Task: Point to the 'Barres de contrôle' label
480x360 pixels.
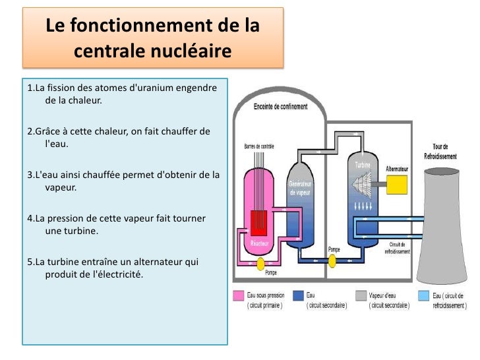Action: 259,146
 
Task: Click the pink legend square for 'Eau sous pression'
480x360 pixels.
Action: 239,296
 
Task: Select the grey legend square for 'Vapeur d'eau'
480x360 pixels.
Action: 361,296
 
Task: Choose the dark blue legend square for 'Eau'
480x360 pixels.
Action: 298,296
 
